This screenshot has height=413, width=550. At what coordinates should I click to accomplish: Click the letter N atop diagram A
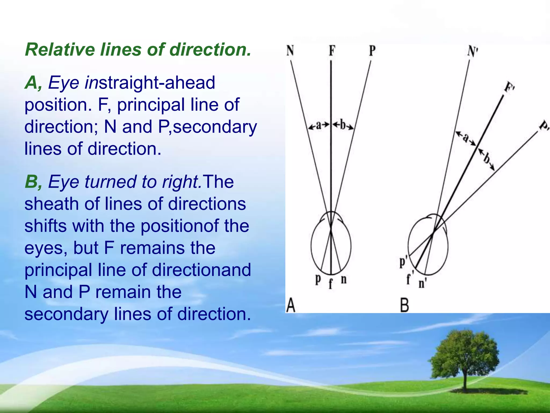(x=290, y=50)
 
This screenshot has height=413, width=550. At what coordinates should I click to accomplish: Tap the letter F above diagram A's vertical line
(x=332, y=50)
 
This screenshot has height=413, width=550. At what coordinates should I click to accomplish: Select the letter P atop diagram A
(x=372, y=51)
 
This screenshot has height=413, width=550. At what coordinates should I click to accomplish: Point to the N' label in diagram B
(x=472, y=51)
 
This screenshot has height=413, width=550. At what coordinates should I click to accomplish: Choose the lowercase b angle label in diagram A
(x=343, y=125)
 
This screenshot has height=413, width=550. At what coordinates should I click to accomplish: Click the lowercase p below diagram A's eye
(x=318, y=280)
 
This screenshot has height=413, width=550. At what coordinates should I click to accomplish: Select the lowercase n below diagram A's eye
(x=343, y=280)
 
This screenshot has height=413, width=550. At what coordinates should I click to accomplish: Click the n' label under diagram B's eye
(x=423, y=283)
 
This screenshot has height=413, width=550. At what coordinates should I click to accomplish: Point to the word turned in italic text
(x=111, y=182)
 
